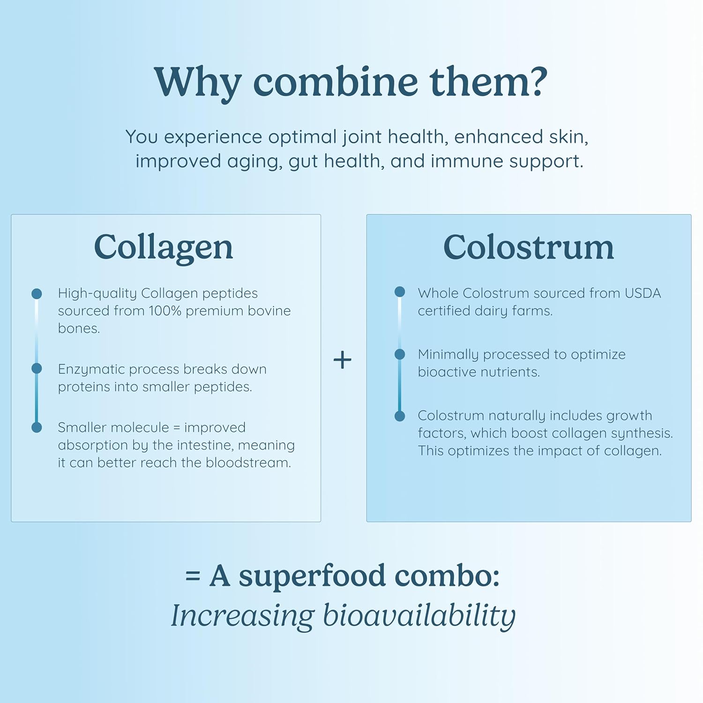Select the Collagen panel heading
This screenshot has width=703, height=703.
pyautogui.click(x=163, y=247)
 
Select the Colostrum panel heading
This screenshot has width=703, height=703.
pyautogui.click(x=528, y=247)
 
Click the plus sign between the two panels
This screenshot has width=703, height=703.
pyautogui.click(x=342, y=360)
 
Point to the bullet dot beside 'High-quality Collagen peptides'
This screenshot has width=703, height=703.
pyautogui.click(x=37, y=294)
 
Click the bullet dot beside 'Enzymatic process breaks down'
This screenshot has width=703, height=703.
pyautogui.click(x=37, y=368)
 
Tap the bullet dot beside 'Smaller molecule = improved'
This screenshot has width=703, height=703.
pyautogui.click(x=37, y=427)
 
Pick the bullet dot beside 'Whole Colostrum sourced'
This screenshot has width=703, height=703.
pyautogui.click(x=400, y=292)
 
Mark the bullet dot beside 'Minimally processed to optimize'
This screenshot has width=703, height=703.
pyautogui.click(x=400, y=354)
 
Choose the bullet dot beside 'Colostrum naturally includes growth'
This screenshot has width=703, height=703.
pyautogui.click(x=400, y=416)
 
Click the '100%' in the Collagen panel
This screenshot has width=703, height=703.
pyautogui.click(x=165, y=311)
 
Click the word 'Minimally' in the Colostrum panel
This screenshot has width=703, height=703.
pyautogui.click(x=448, y=355)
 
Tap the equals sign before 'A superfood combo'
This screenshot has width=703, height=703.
pyautogui.click(x=193, y=576)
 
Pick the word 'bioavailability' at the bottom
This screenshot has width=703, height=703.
pyautogui.click(x=419, y=615)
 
